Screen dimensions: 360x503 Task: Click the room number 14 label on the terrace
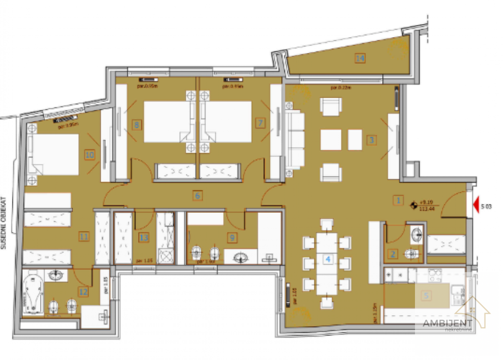tap(360, 58)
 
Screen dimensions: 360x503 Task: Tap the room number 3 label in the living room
tap(371, 140)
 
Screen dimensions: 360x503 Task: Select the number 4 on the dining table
tap(327, 259)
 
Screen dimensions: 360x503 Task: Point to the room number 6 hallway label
tap(198, 196)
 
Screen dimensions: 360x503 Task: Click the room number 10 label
tap(90, 155)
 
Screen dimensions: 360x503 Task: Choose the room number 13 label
tap(144, 238)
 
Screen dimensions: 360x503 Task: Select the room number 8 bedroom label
tap(136, 124)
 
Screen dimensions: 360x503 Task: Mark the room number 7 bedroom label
tap(260, 122)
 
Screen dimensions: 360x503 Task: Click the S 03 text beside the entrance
tap(486, 206)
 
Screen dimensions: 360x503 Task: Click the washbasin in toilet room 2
tap(416, 235)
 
